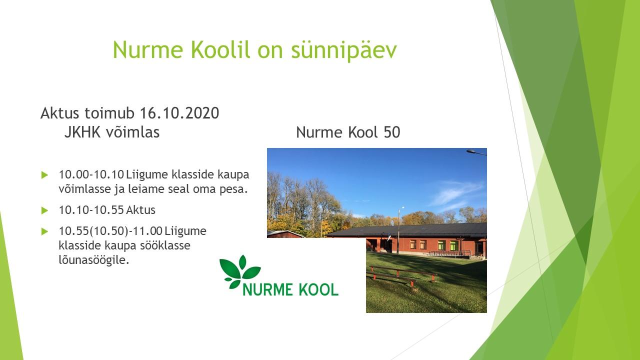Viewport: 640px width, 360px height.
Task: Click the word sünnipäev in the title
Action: [344, 50]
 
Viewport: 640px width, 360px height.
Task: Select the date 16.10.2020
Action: [179, 113]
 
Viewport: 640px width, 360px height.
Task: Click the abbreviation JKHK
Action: [82, 132]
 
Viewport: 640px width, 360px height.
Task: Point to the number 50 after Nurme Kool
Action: [392, 132]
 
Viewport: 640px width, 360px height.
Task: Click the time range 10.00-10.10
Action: [91, 174]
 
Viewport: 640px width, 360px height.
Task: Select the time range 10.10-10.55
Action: [91, 210]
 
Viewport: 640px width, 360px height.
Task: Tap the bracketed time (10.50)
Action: [109, 231]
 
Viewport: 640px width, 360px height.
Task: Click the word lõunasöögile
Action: [93, 260]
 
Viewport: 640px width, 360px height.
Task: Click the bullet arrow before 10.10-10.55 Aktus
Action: [44, 210]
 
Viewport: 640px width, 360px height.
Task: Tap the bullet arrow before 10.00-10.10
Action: [44, 175]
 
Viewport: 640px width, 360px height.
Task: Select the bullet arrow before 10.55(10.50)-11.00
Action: [44, 231]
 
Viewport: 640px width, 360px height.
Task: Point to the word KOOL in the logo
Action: [318, 289]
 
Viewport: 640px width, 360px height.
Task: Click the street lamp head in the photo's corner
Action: [472, 151]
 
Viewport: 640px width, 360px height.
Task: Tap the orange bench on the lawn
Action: [403, 275]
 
